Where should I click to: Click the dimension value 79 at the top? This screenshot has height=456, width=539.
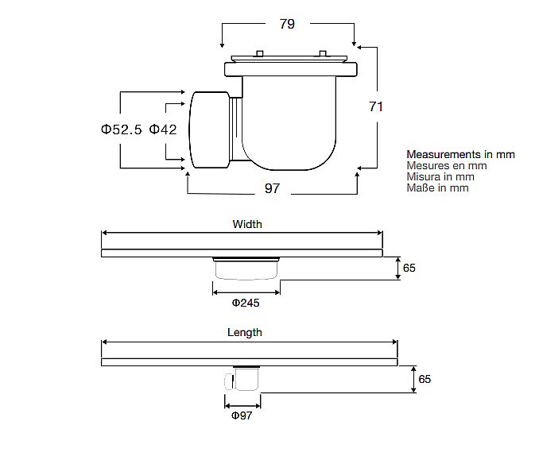(287, 24)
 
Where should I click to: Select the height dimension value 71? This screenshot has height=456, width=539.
(376, 106)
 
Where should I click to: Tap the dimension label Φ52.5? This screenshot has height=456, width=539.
(121, 129)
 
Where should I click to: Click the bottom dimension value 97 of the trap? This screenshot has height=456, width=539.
(272, 188)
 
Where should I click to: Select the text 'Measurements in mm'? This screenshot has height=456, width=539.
(460, 154)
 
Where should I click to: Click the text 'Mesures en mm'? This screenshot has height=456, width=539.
(446, 165)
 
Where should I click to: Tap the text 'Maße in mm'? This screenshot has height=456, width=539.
(437, 187)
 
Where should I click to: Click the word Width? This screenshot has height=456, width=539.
(246, 225)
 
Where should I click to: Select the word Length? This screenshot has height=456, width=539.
(245, 333)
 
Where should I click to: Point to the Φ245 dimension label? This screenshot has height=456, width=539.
(245, 303)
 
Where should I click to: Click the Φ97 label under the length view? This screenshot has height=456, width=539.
(242, 415)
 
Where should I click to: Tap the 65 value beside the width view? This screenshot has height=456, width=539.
(409, 269)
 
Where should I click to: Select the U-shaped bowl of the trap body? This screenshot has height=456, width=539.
(290, 127)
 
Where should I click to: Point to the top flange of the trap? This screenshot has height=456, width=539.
(291, 69)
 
